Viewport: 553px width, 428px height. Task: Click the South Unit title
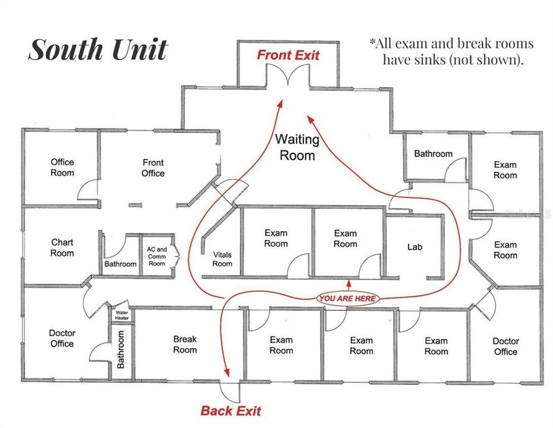[98, 50]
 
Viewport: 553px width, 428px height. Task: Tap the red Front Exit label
[288, 55]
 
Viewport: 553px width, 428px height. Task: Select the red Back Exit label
[230, 411]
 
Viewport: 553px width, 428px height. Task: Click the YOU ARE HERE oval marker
[347, 298]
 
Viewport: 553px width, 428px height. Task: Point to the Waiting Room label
[297, 147]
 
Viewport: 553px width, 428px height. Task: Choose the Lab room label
[415, 246]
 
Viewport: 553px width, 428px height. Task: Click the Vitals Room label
[222, 259]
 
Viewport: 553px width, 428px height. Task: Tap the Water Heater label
[122, 315]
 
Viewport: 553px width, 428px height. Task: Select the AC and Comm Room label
[157, 256]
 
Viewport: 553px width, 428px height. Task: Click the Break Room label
[185, 345]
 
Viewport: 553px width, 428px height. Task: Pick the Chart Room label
[62, 247]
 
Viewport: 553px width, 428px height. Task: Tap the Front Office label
[153, 168]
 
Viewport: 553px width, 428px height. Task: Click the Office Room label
[62, 167]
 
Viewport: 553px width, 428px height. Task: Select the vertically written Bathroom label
[121, 350]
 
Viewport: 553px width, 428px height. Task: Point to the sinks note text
[451, 51]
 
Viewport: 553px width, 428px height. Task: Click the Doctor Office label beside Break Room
[62, 338]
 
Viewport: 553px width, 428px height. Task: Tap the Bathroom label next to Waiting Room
[433, 154]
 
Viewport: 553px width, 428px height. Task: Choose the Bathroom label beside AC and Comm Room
[120, 264]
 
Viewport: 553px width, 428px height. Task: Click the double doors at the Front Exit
[289, 76]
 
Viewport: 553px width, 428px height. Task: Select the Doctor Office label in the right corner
[505, 346]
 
